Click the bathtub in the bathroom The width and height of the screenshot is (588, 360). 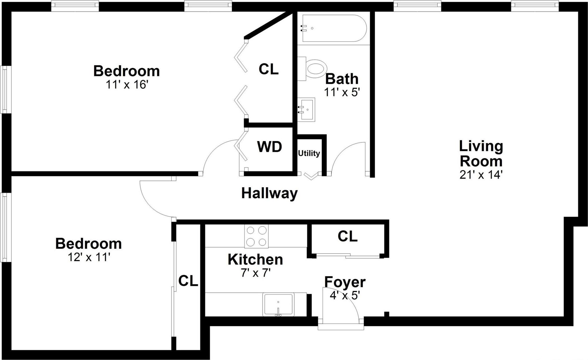[333, 28]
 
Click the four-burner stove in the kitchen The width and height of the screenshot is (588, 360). [256, 236]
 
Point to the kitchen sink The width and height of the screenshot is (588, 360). [278, 305]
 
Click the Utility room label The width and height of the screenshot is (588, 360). [309, 153]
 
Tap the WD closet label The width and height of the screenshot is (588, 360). [270, 147]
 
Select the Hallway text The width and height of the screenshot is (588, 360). [269, 193]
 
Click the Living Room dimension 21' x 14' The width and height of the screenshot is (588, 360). [481, 175]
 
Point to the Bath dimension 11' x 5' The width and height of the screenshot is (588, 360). [342, 92]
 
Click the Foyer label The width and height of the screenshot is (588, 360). [345, 282]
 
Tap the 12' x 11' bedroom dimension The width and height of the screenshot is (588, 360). [89, 257]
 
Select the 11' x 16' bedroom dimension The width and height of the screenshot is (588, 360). [127, 85]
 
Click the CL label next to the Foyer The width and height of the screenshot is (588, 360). [348, 236]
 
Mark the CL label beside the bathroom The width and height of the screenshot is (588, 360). [268, 69]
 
